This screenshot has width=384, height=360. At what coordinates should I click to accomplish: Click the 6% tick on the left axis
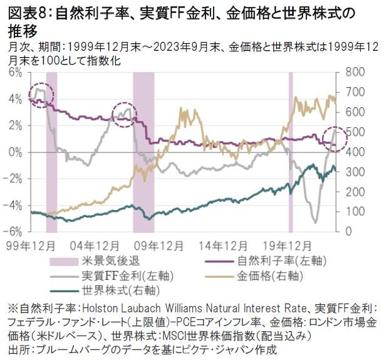pyautogui.click(x=14, y=73)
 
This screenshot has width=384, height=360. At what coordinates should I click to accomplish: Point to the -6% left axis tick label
pyautogui.click(x=13, y=231)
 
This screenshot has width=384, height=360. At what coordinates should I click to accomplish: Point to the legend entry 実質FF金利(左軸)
pyautogui.click(x=112, y=275)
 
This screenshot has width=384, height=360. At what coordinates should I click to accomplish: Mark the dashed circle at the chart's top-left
pyautogui.click(x=41, y=95)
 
